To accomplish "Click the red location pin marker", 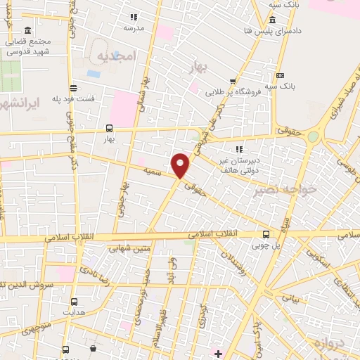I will pyautogui.click(x=181, y=165).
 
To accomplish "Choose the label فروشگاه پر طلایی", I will pyautogui.click(x=230, y=92).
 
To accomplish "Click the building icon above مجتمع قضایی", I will pyautogui.click(x=27, y=32).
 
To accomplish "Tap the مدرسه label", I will pyautogui.click(x=134, y=28).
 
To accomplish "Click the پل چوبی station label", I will pyautogui.click(x=266, y=245).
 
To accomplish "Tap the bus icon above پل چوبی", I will pyautogui.click(x=265, y=234).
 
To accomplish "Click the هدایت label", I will pyautogui.click(x=72, y=311).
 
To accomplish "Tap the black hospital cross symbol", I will pyautogui.click(x=219, y=353).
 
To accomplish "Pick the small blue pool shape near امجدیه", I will pyautogui.click(x=94, y=73).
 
